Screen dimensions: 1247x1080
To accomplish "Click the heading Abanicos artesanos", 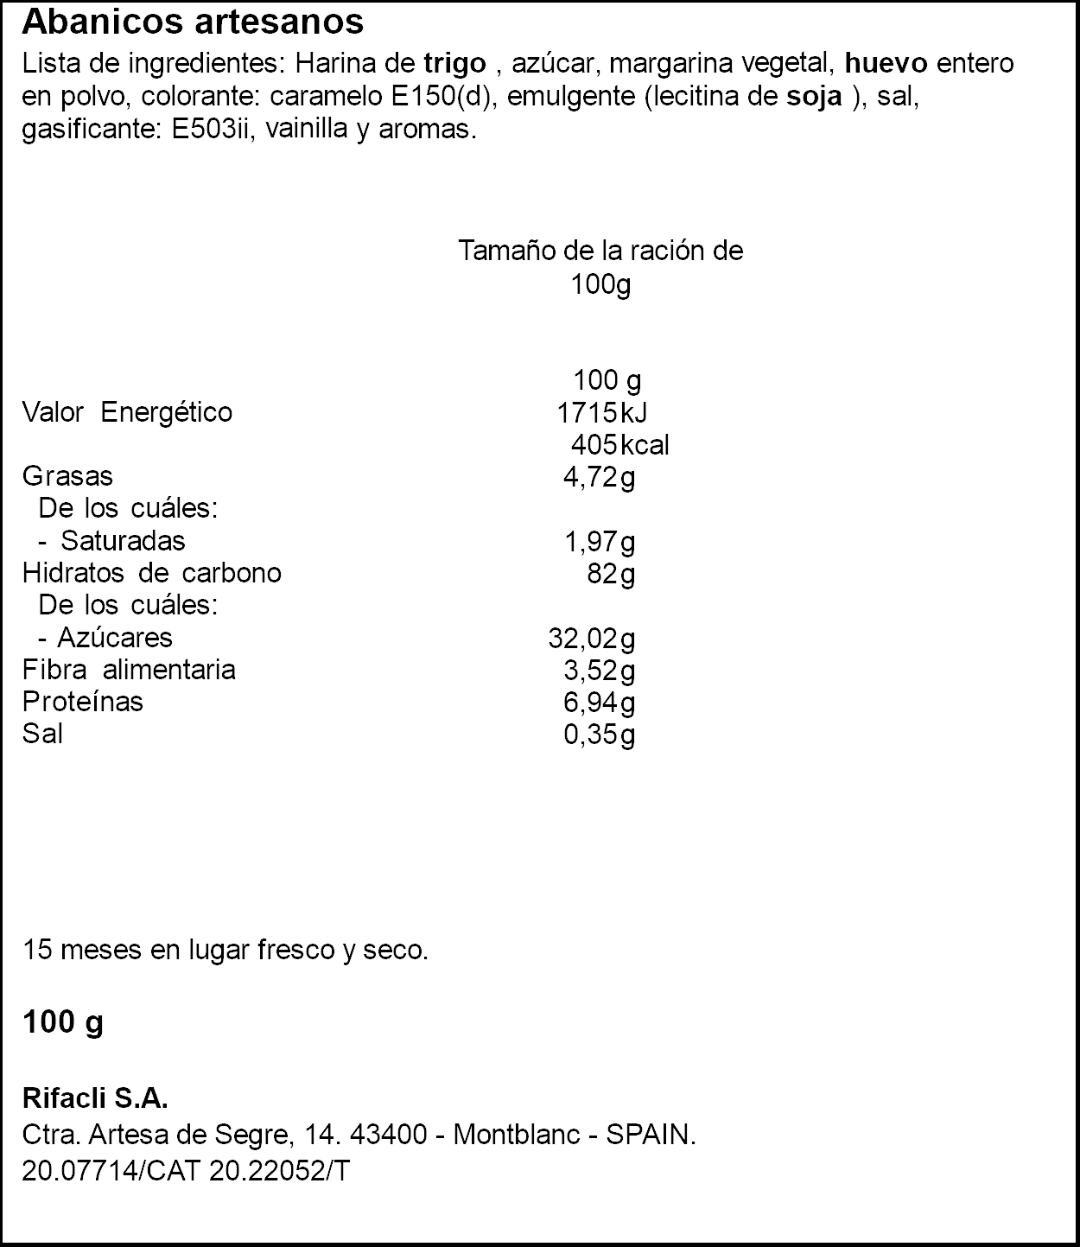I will (x=193, y=22).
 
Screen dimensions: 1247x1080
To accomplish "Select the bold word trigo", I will (x=454, y=64).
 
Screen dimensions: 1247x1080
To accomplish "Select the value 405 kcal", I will (x=619, y=445).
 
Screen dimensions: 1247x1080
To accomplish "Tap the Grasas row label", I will (x=67, y=476).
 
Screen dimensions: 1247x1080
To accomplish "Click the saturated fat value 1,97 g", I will (x=600, y=542).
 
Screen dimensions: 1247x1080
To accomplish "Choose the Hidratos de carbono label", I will (x=151, y=573).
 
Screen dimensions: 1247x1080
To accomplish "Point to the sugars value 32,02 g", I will (x=592, y=639).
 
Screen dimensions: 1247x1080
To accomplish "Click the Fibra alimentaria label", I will (x=129, y=670).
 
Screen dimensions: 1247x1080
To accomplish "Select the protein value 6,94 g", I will (x=600, y=702).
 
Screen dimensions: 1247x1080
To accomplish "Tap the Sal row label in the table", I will (x=42, y=734).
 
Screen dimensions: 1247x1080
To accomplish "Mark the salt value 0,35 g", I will (x=600, y=735).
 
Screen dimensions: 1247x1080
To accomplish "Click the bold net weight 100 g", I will (x=62, y=1022).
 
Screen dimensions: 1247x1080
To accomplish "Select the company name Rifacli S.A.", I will (x=95, y=1099).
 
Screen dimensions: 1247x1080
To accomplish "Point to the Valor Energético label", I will (x=127, y=412).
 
